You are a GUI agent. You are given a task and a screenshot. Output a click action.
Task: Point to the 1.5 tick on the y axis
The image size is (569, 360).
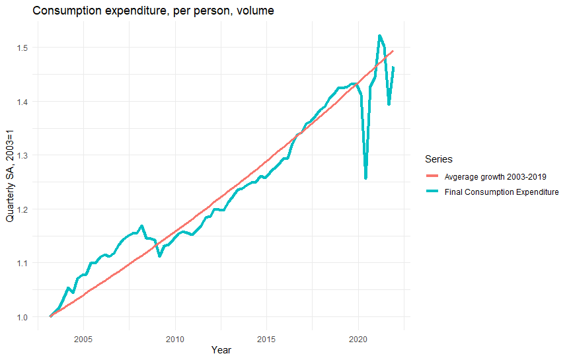pos(23,48)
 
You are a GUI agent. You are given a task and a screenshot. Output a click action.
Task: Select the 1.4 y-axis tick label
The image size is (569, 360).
pos(23,102)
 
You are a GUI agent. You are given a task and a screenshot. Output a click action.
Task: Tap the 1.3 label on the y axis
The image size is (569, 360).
pos(23,155)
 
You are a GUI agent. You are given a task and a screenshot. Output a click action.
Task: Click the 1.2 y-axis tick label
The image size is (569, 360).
pos(23,209)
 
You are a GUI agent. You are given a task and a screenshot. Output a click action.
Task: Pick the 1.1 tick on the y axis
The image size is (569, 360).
pos(23,263)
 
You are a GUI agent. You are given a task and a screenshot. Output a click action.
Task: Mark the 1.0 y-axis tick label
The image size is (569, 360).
pos(23,317)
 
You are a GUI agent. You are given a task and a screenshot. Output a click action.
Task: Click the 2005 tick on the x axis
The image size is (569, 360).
pos(83,339)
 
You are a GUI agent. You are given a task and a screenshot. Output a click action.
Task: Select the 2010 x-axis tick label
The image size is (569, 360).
pos(175,339)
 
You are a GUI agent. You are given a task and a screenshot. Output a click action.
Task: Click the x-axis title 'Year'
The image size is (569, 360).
pos(221,350)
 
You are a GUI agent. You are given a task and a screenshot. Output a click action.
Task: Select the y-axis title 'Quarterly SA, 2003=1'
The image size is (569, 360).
pos(11,176)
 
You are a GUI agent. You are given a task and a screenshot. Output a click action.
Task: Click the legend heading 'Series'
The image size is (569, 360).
pos(438,159)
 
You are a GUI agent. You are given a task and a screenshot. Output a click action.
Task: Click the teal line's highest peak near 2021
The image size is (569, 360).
pos(379,36)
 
